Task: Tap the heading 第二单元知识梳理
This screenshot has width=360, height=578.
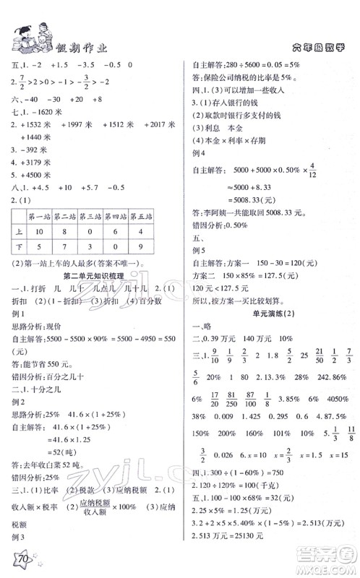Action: (x=91, y=277)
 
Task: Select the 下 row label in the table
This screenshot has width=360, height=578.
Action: (x=17, y=249)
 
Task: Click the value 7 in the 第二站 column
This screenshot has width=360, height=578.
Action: (x=65, y=249)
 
